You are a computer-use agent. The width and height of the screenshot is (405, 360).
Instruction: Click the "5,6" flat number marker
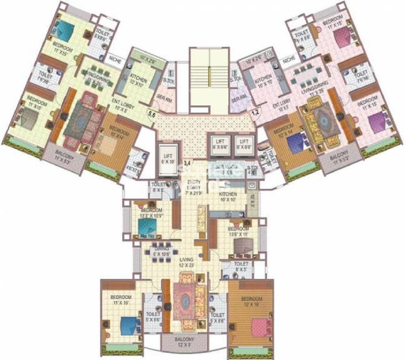point(152,115)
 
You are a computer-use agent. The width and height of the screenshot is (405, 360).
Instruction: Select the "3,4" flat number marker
point(187,163)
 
